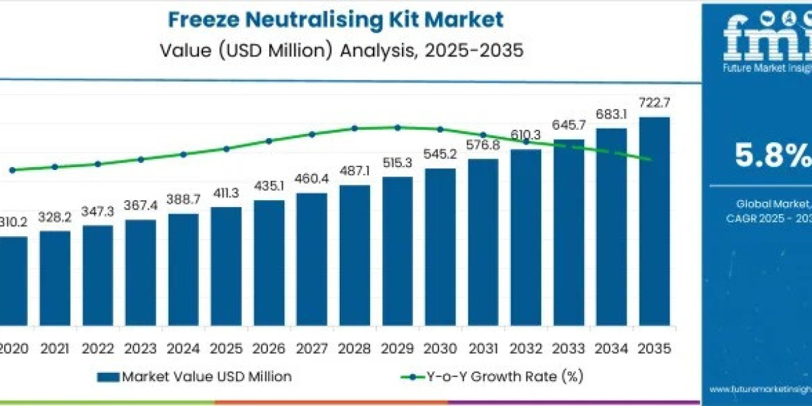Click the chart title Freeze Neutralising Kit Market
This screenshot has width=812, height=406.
tap(336, 20)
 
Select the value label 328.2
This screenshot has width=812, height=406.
tap(55, 218)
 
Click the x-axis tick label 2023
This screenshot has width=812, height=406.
tap(141, 348)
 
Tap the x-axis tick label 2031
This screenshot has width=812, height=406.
tap(483, 348)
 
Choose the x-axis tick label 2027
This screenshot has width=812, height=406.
tap(312, 348)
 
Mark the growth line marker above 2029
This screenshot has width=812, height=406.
tap(397, 127)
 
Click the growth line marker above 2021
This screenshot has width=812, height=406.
tap(55, 166)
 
